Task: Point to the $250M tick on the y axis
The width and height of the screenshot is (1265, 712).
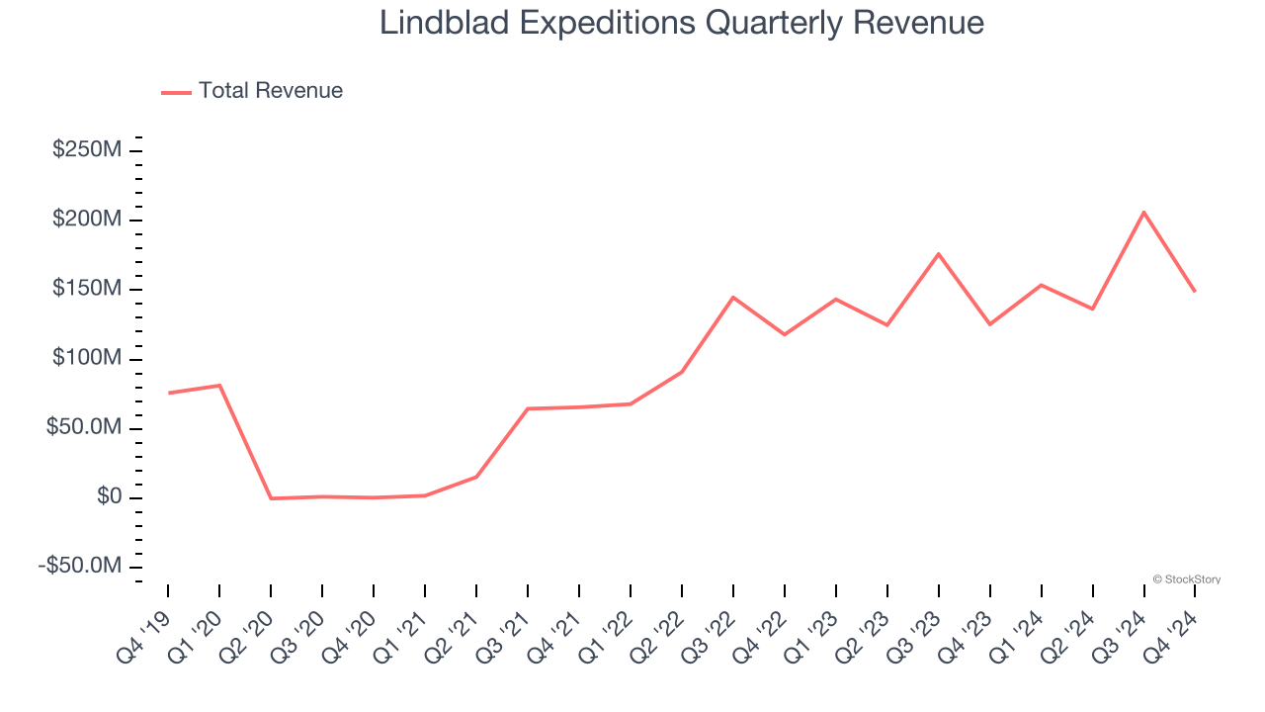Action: click(x=87, y=150)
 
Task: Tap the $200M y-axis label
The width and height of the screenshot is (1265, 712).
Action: click(x=87, y=220)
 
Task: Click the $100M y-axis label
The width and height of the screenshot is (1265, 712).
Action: click(x=87, y=358)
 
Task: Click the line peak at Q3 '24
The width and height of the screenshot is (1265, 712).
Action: click(x=1143, y=212)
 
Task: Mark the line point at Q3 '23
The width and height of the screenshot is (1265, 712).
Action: click(x=938, y=254)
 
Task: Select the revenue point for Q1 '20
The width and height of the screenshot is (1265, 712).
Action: click(x=219, y=385)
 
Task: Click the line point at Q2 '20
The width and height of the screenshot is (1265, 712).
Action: click(x=271, y=498)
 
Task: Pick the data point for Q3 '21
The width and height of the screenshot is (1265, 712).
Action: click(x=528, y=408)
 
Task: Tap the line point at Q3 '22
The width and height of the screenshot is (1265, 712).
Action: click(x=733, y=297)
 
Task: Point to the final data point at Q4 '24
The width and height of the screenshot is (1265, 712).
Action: click(x=1195, y=291)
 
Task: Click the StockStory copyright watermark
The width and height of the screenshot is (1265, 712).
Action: click(x=1186, y=579)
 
